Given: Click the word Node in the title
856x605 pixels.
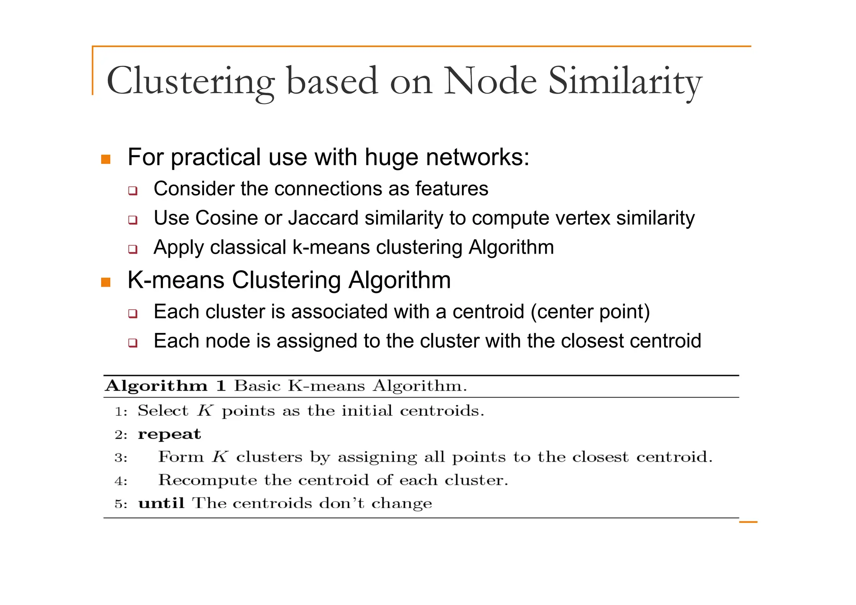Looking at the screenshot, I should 489,81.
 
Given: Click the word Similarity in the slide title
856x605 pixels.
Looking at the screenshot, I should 624,81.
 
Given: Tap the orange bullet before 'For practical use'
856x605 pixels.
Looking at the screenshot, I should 106,159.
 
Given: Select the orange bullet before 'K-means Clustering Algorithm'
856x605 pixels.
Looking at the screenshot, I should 106,282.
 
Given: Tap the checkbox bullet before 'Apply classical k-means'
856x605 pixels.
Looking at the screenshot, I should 132,249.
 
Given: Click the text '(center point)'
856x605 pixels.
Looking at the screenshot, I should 590,312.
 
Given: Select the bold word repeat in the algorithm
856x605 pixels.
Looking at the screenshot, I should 169,435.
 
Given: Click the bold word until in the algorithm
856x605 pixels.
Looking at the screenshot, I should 161,503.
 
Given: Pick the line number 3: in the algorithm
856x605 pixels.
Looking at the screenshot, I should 121,458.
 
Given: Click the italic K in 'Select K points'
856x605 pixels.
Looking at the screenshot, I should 205,411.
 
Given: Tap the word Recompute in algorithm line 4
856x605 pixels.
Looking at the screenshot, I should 208,480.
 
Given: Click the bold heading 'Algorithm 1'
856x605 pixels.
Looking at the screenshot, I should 166,386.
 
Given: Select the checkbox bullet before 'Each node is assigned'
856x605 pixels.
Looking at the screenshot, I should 132,343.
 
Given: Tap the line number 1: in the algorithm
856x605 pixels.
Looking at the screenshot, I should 121,412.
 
